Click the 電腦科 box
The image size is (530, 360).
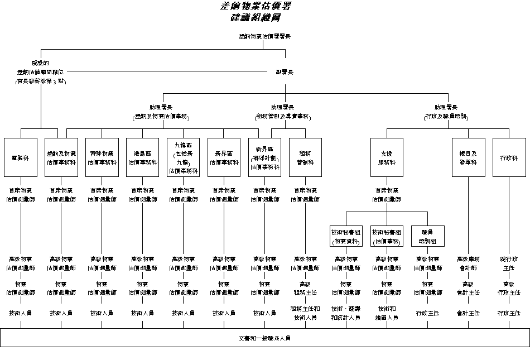(21, 157)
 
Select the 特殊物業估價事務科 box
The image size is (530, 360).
(102, 157)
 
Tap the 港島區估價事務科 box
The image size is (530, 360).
(143, 157)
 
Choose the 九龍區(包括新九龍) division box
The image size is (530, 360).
(184, 157)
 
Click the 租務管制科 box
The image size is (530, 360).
(305, 157)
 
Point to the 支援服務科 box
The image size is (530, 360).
(387, 157)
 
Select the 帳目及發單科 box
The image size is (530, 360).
(469, 157)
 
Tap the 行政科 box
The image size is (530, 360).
(509, 157)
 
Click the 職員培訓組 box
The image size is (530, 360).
(428, 236)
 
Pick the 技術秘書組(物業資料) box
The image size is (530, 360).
(346, 236)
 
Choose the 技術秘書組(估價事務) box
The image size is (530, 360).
(387, 236)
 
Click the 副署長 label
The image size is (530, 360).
(285, 71)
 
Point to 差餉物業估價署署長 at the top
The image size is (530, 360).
(264, 37)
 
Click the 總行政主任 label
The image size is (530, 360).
(509, 263)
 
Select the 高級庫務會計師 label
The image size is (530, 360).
(468, 263)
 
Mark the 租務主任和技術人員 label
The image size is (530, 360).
(305, 313)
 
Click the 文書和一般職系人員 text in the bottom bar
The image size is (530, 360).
(264, 338)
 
